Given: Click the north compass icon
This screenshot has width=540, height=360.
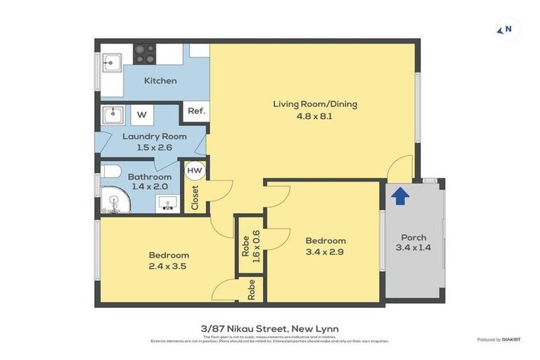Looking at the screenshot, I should (x=506, y=29).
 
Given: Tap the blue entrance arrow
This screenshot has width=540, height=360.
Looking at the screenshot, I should (x=399, y=196).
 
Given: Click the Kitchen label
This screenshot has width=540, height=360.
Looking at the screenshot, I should (x=160, y=81).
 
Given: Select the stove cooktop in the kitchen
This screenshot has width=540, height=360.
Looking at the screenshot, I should (x=145, y=53).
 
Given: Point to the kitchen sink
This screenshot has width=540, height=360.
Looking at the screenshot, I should (x=111, y=62).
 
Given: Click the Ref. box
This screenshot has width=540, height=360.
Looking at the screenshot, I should (x=195, y=111).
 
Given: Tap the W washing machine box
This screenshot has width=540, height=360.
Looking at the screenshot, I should (x=142, y=115).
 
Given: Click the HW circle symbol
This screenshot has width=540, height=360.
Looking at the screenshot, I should (x=194, y=170).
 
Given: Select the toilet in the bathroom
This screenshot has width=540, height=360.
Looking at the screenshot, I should (x=111, y=171).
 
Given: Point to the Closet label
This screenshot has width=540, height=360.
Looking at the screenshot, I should (x=195, y=198).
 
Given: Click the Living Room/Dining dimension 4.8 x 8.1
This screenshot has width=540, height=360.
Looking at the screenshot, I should (x=314, y=116).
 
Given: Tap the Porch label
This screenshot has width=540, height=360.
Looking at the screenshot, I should (x=413, y=237).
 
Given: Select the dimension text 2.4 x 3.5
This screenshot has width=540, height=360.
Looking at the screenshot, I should (x=169, y=266).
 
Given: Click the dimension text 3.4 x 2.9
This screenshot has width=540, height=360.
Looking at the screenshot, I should (x=325, y=252).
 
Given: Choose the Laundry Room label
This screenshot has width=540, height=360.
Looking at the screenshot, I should (x=155, y=136).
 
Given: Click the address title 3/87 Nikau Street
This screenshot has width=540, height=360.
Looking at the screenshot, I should (x=269, y=328).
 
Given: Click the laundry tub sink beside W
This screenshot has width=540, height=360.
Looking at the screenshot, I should (x=112, y=115).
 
